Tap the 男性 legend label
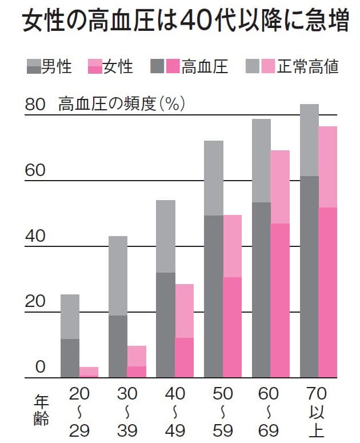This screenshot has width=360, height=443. pos(57,67)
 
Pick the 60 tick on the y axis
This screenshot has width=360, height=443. pos(35,170)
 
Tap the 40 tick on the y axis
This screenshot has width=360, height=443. pos(35,236)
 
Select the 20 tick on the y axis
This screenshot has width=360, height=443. pos(35,302)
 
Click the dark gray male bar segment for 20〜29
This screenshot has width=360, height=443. pos(70,358)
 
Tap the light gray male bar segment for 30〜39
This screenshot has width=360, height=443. pos(118,276)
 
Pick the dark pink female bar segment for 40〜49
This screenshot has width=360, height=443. pos(184,358)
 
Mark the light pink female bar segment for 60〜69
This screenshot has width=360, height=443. pos(280,187)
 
